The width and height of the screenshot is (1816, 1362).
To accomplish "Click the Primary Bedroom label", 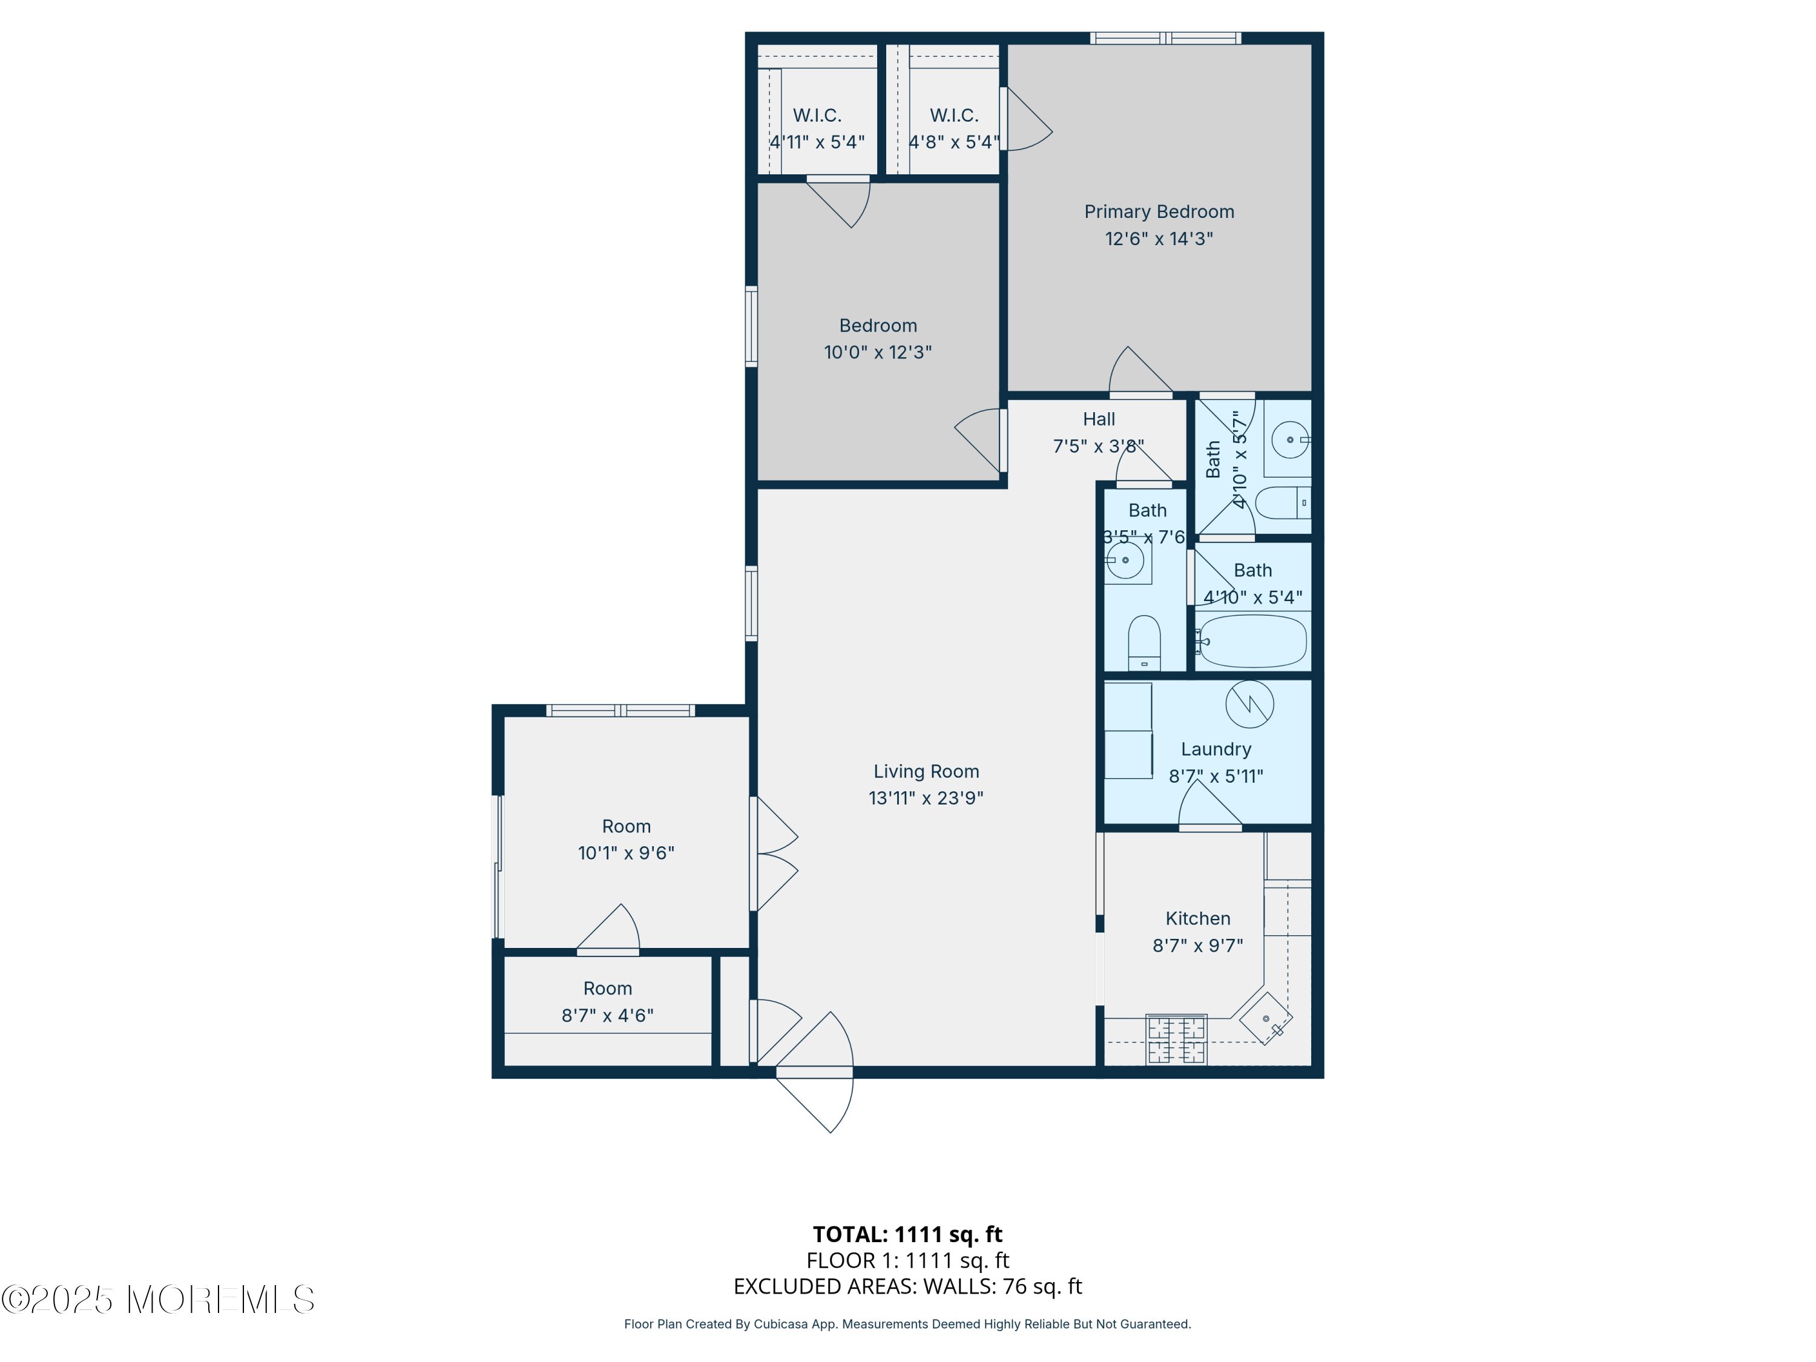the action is point(1159,212).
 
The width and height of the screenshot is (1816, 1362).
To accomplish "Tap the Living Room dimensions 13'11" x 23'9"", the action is point(926,798).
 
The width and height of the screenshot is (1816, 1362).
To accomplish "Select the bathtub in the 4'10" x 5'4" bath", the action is point(1251,641).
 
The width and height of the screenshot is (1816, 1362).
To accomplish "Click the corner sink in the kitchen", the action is point(1266,1019).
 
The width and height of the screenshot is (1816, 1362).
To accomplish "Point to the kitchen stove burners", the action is point(1176,1039).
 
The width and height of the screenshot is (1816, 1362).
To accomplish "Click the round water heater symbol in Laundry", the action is point(1249,703).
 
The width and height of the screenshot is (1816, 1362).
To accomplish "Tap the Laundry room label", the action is point(1216,749).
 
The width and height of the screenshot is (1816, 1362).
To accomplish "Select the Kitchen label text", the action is point(1198,919).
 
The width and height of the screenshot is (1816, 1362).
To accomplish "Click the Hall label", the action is point(1099,419).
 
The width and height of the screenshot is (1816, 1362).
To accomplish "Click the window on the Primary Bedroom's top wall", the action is point(1165,38).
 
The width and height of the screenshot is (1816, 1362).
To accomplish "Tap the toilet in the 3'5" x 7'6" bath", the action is point(1143,643).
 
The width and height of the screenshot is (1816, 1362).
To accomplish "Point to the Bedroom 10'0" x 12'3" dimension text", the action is point(878,352).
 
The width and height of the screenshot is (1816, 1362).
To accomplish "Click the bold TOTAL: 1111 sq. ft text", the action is point(907,1235).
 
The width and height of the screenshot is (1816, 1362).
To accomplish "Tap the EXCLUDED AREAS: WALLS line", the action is point(907,1286).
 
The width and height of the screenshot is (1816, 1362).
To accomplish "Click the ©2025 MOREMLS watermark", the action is point(157,1300).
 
